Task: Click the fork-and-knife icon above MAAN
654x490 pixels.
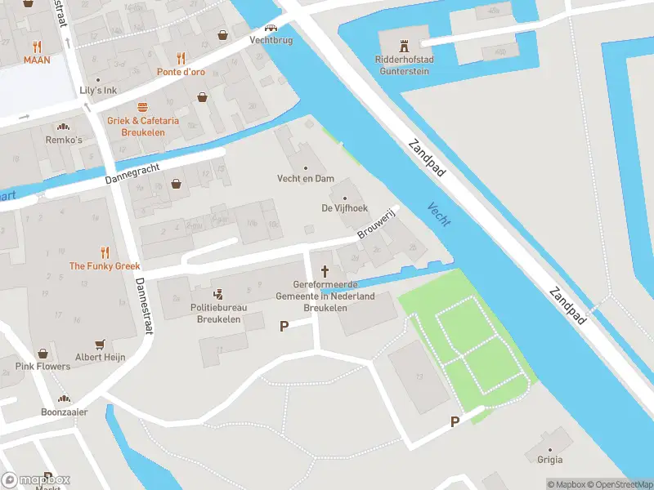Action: [x=37, y=46]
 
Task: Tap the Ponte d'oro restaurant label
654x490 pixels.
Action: [x=181, y=72]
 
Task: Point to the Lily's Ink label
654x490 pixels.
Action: [x=97, y=90]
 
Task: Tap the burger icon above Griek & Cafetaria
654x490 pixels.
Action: [x=142, y=107]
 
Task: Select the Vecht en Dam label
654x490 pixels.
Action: [x=306, y=179]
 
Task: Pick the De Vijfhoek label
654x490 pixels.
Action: [x=344, y=208]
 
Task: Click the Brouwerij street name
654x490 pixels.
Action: [x=376, y=223]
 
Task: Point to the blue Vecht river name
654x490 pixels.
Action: [x=439, y=215]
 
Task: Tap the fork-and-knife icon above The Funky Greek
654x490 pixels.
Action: [x=105, y=252]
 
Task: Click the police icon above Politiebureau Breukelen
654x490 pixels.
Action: [x=218, y=294]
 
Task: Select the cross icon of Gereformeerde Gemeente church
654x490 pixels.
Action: [x=325, y=271]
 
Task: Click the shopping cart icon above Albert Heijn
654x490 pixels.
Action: [x=101, y=345]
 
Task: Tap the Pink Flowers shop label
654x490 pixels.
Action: [x=43, y=366]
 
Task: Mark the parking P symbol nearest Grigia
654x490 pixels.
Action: [x=455, y=421]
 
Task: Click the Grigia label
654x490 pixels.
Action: [x=549, y=460]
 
